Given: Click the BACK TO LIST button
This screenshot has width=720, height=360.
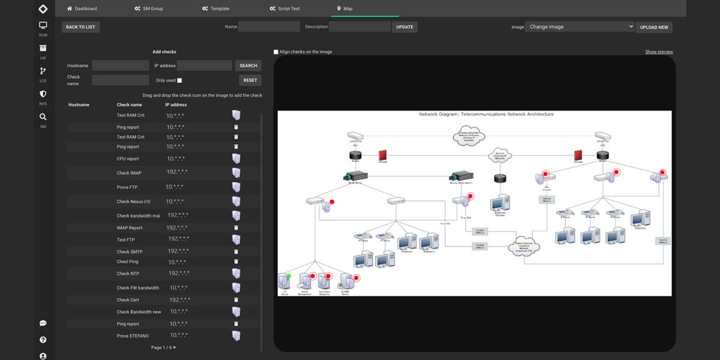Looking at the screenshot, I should [x=80, y=27].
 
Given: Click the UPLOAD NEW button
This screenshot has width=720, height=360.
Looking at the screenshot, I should [x=654, y=27].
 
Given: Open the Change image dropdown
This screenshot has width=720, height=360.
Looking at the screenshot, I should [x=579, y=26].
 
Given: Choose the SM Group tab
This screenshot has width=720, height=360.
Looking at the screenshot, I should [x=149, y=8].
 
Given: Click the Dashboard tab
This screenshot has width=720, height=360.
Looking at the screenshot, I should [x=82, y=8].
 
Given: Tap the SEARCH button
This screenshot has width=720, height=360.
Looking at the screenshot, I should [x=248, y=65].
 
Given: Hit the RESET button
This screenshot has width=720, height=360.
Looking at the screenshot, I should [x=250, y=80].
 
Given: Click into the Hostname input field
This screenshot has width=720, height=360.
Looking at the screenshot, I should [x=120, y=65].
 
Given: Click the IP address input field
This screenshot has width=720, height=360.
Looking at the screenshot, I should [x=204, y=65].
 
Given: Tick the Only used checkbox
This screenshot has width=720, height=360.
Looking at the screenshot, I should [x=179, y=80].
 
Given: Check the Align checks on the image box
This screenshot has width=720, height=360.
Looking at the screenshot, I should [x=276, y=52].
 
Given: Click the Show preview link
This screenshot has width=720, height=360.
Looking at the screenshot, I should [x=659, y=52].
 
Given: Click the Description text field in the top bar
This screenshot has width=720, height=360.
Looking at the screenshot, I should [x=360, y=26].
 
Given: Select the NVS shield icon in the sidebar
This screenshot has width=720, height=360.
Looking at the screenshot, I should [x=43, y=94].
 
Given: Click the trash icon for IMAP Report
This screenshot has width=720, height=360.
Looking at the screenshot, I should [x=236, y=228].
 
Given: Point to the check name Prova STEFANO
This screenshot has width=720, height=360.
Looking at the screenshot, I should [x=133, y=336].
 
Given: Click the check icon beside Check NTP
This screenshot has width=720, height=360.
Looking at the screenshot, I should [x=236, y=274].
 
